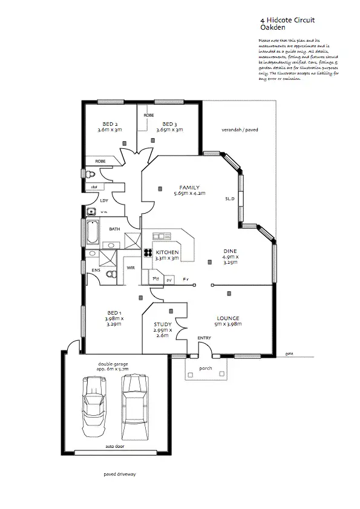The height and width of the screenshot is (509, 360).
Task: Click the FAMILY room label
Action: point(189,188)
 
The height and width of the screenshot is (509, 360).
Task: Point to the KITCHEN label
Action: point(167,252)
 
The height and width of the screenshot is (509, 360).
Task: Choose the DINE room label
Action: point(231,251)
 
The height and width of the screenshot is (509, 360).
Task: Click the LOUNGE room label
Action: point(228,318)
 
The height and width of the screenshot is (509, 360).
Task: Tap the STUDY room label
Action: point(162,324)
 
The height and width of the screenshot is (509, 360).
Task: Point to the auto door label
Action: point(114,445)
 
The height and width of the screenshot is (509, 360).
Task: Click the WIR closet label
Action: point(130,267)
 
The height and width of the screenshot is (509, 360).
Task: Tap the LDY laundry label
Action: point(104,200)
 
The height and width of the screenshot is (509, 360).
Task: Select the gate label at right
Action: point(289,352)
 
